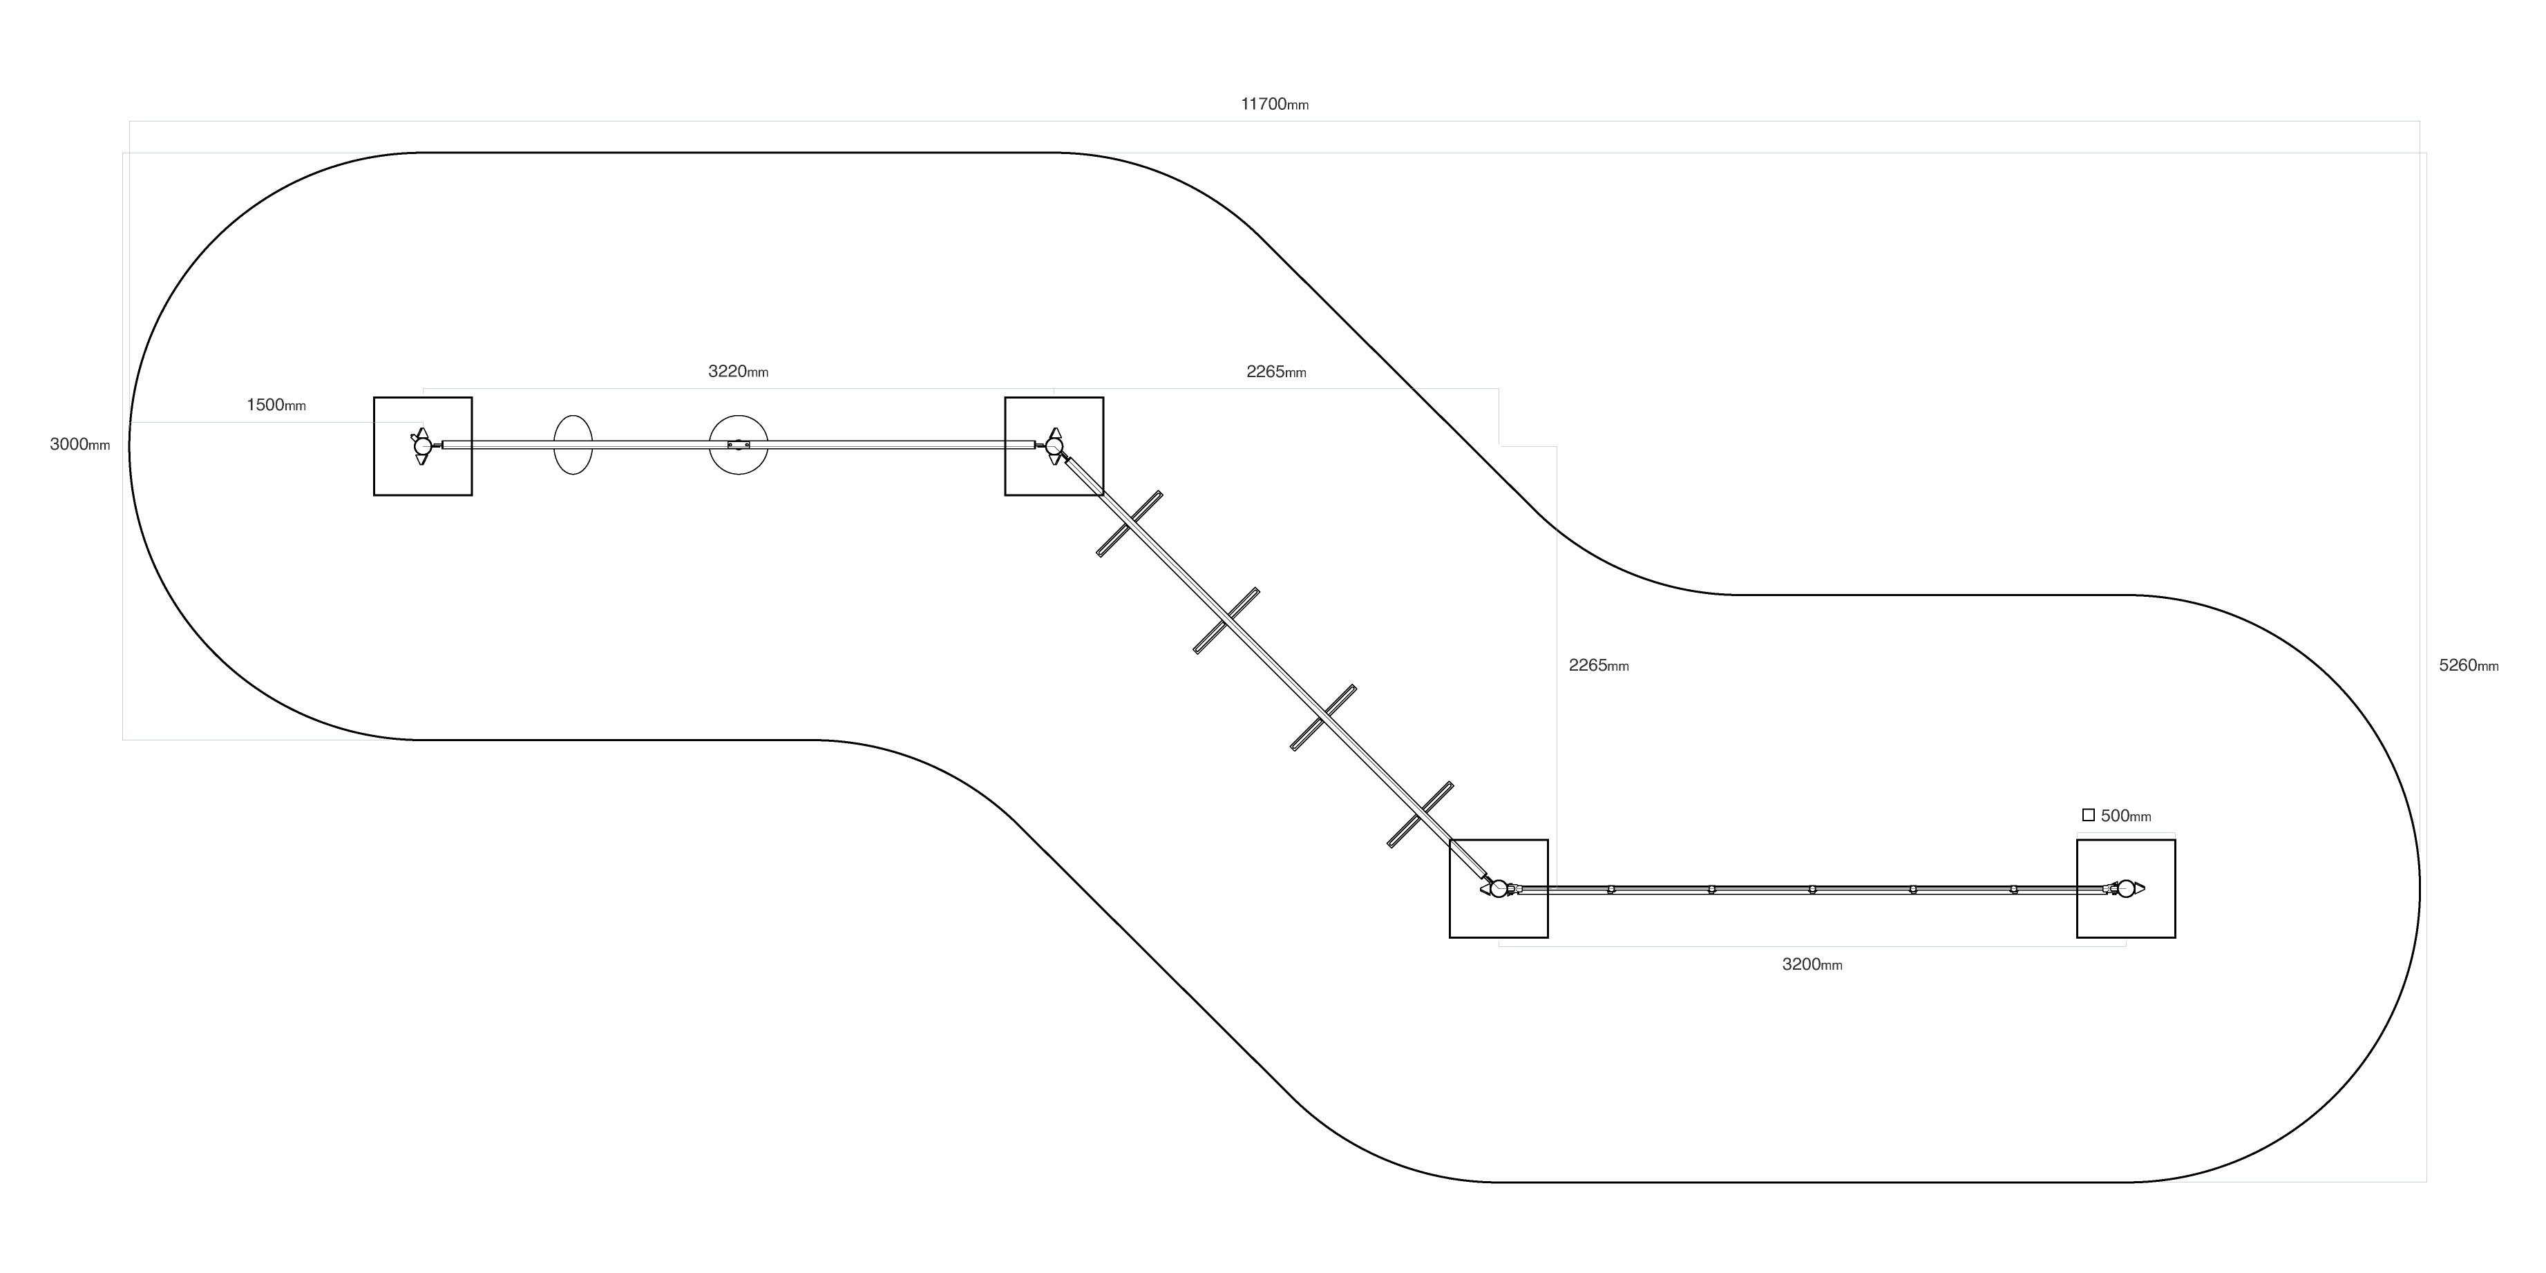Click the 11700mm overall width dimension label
(1274, 104)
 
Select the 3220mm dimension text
(737, 372)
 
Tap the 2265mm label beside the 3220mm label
(1276, 372)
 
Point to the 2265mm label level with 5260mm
(1598, 665)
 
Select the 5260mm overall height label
(2468, 665)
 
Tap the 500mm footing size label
(2125, 816)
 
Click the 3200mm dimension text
(1812, 965)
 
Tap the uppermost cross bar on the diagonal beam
(1130, 524)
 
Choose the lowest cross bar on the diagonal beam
(1421, 814)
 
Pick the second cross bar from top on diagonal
(1226, 621)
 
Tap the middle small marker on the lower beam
(1812, 890)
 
